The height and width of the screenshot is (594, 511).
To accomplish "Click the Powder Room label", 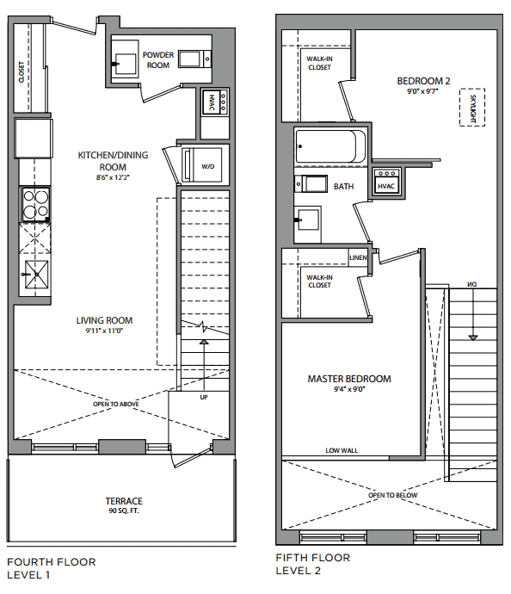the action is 158,60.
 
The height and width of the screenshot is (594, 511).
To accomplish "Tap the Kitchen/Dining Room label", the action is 113,161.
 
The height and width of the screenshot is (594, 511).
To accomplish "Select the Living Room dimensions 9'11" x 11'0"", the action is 104,331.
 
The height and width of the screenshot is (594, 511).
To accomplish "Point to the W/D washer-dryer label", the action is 208,166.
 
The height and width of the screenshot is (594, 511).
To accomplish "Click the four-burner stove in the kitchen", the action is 35,204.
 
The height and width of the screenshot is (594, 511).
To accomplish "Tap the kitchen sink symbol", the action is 36,275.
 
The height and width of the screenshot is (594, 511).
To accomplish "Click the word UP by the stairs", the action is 204,398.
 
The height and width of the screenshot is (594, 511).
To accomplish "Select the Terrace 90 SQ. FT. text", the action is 124,505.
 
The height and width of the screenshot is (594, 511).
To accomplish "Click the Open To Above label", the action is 116,405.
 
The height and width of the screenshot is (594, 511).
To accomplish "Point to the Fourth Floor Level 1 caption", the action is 52,568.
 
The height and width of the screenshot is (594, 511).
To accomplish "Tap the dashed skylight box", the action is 472,108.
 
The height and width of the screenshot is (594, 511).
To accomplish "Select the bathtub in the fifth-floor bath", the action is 330,146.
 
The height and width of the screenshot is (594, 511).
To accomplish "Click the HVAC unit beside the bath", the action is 386,182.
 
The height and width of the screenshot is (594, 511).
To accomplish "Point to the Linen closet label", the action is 358,257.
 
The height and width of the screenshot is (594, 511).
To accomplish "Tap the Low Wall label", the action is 342,450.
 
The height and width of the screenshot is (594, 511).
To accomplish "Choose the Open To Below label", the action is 393,495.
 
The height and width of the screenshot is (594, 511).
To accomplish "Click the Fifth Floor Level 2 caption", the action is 313,564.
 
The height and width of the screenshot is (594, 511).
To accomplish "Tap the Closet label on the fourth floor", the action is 22,72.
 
